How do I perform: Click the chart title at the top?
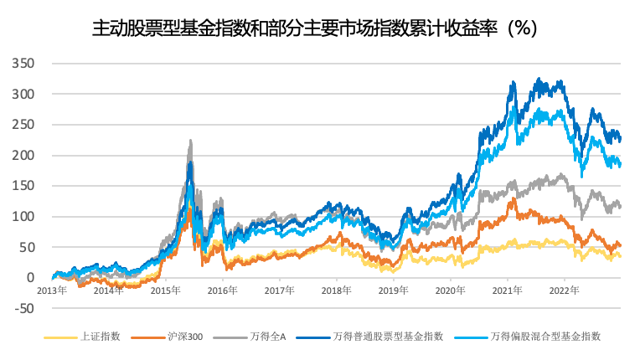pos(313,28)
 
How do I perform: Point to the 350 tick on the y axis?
pos(23,64)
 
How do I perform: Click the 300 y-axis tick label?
pos(23,95)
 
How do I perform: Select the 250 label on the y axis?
pos(23,125)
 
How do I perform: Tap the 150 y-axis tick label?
pos(23,186)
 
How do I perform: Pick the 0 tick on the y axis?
pos(31,277)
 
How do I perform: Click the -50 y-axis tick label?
pos(25,308)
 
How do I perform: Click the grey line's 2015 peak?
pos(191,141)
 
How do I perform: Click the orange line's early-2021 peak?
pos(512,198)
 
